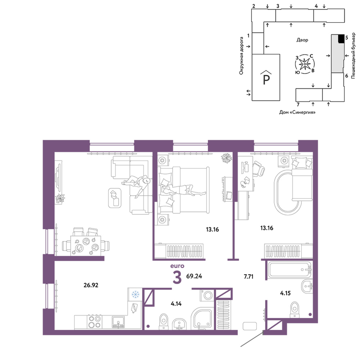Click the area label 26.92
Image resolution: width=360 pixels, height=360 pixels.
pos(91,285)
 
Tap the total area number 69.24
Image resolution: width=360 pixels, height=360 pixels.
pos(194,276)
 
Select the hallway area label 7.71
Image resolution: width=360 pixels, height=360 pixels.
pos(248,276)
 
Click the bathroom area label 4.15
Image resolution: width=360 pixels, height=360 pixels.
pos(285,293)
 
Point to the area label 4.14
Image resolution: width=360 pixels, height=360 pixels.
pos(176,304)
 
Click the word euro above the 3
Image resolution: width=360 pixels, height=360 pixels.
pos(177,266)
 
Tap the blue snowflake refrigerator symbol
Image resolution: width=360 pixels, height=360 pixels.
pos(135,294)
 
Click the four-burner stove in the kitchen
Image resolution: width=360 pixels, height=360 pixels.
pos(95,322)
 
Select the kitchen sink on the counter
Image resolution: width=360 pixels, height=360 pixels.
pos(118,322)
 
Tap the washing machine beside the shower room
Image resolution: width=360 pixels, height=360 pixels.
pos(208,295)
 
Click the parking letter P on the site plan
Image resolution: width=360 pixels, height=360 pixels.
pos(266,80)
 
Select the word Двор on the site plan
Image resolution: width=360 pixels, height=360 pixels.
pos(302,40)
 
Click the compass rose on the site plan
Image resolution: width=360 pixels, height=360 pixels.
pos(305,64)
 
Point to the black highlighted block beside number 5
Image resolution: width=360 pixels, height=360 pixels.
pos(341,39)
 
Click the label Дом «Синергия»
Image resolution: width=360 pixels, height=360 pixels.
pos(297,112)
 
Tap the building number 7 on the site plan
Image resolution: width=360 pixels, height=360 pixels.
pos(298,105)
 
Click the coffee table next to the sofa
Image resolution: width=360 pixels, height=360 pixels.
pos(115,198)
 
